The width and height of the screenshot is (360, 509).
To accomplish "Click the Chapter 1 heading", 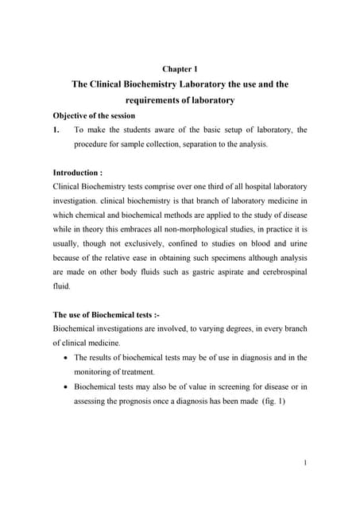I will click(180, 69).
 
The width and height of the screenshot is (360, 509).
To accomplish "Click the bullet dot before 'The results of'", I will click(64, 358).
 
